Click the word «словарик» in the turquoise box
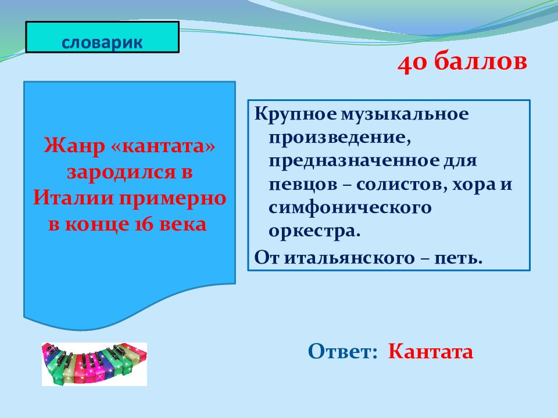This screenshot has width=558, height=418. click(102, 42)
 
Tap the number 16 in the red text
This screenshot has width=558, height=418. click(145, 224)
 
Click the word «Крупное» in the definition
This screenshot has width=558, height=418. click(295, 114)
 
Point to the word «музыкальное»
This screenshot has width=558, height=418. click(405, 114)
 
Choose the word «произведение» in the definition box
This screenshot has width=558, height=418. click(340, 137)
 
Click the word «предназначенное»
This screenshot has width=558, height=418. click(354, 161)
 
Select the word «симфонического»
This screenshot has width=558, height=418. click(350, 208)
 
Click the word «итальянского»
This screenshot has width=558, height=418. click(349, 258)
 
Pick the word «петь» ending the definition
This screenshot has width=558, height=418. click(459, 258)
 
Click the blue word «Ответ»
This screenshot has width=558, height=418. click(342, 351)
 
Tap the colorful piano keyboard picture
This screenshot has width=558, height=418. click(94, 364)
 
